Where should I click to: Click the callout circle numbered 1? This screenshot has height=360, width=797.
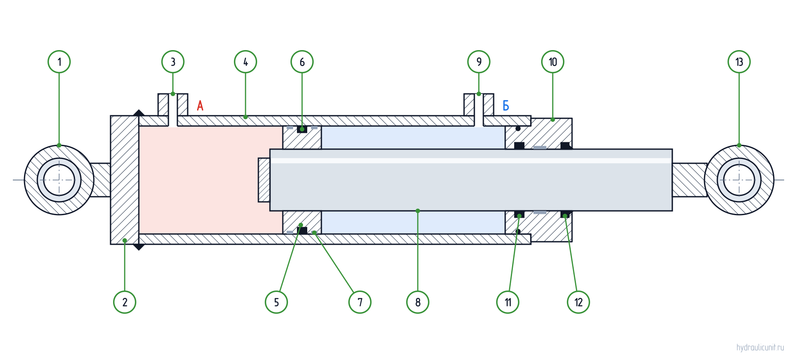tap(59, 62)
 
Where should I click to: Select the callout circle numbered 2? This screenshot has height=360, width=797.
tap(125, 302)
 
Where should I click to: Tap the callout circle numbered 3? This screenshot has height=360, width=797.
tap(173, 62)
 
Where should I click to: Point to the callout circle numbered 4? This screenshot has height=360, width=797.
tap(246, 62)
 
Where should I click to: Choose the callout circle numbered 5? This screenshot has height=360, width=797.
tap(276, 302)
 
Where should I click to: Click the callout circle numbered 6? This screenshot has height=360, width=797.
tap(302, 62)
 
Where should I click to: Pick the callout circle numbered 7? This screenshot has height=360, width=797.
tap(360, 302)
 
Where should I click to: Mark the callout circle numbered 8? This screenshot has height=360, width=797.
tap(418, 302)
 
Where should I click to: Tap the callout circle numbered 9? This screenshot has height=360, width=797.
tap(479, 62)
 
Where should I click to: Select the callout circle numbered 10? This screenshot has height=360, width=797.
tap(553, 62)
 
